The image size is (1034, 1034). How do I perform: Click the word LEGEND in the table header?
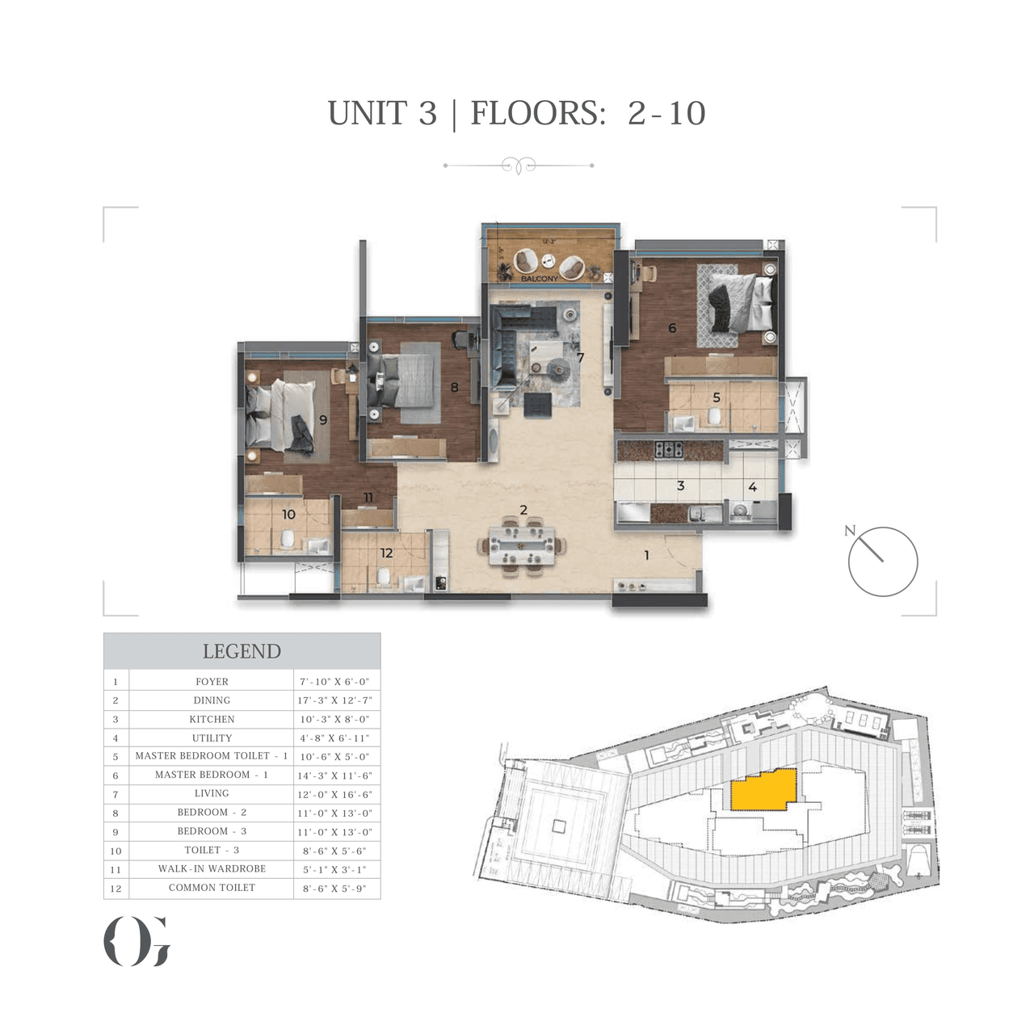(x=242, y=651)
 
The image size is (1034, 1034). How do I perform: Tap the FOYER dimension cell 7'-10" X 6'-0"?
(x=334, y=682)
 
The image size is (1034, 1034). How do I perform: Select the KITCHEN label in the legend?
(x=212, y=719)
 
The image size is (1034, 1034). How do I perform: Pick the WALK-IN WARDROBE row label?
(x=212, y=868)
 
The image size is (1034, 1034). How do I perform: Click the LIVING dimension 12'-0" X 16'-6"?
(x=334, y=794)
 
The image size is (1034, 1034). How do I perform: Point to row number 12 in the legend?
(x=116, y=889)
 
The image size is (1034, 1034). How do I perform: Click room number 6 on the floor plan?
(x=672, y=328)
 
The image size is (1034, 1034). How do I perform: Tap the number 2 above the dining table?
(x=523, y=510)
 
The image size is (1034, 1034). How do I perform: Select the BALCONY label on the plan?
(x=539, y=279)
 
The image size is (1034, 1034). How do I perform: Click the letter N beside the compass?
(x=849, y=531)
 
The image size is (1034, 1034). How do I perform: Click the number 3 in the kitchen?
(x=680, y=485)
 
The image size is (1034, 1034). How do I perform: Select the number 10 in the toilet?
(x=288, y=515)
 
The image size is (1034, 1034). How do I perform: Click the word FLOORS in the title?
(x=536, y=113)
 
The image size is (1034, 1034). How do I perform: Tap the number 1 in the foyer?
(x=646, y=555)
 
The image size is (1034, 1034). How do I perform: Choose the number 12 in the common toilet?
(x=386, y=553)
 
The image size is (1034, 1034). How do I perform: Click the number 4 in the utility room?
(x=752, y=487)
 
